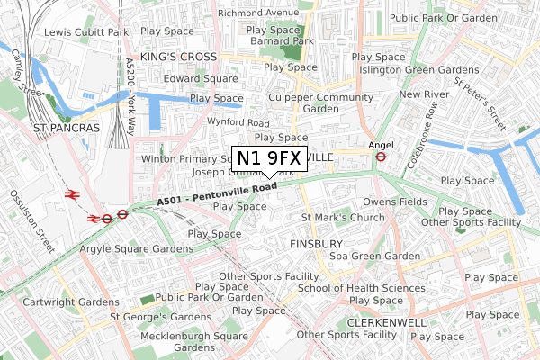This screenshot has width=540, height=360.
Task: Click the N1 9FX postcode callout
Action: click(x=270, y=157)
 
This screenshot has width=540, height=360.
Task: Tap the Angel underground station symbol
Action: click(x=381, y=155)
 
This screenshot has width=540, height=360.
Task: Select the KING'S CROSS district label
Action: click(x=182, y=56)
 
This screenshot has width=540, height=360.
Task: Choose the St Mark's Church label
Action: click(x=342, y=218)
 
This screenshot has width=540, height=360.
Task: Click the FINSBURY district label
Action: click(x=316, y=244)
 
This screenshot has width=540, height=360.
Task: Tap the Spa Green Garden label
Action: click(x=375, y=256)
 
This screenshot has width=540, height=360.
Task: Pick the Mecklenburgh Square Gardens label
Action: click(x=194, y=342)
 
